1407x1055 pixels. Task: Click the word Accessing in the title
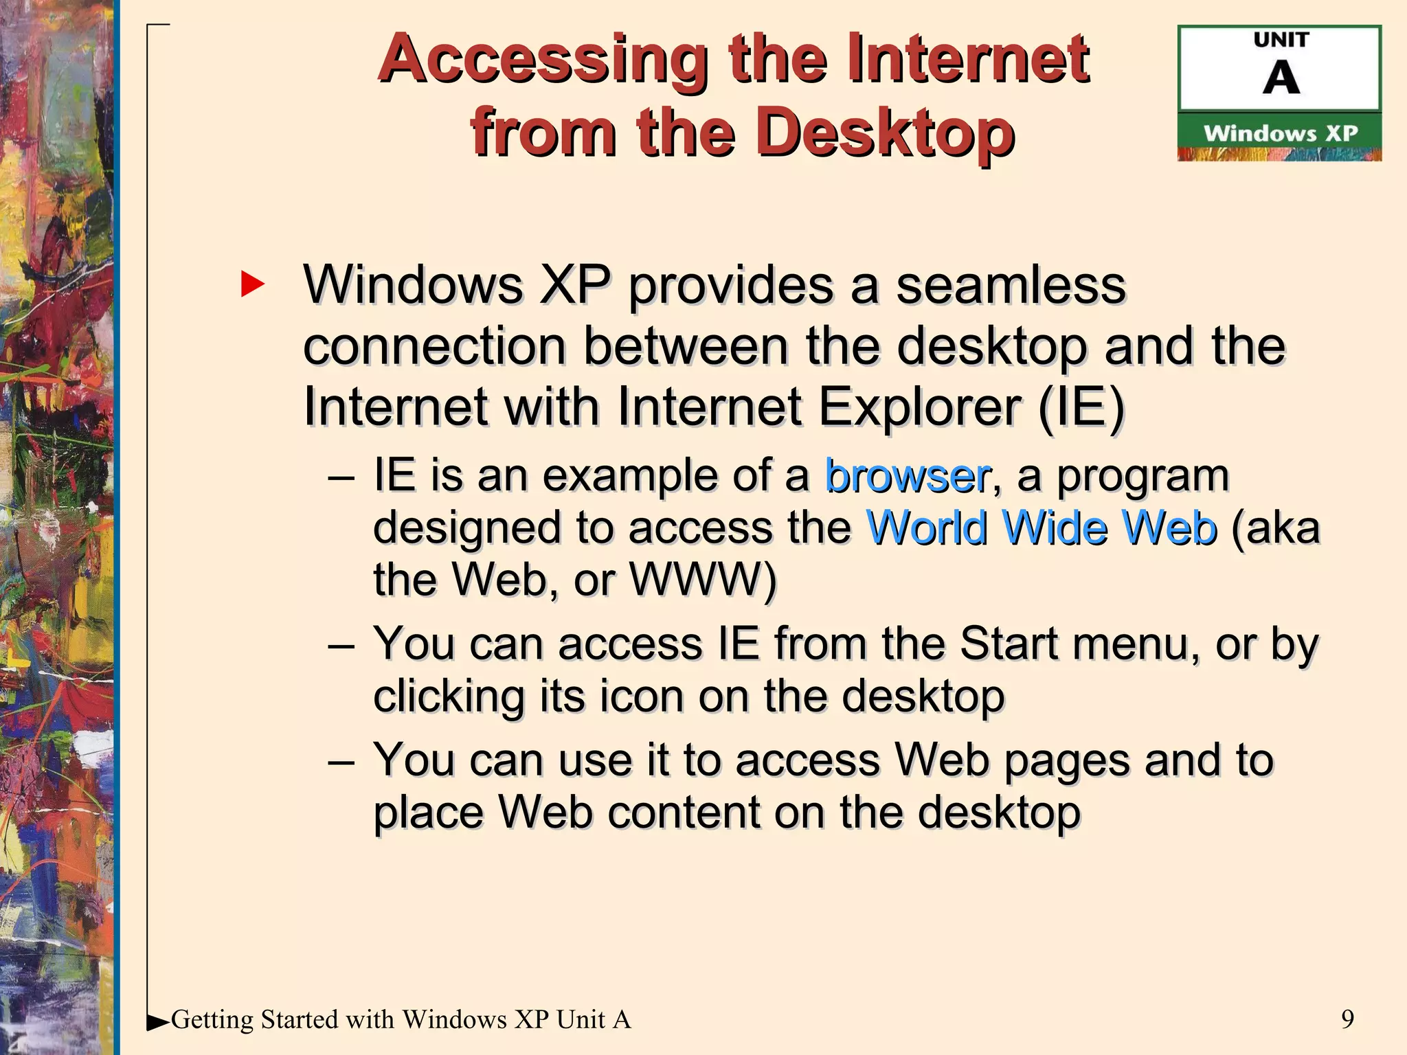(x=543, y=60)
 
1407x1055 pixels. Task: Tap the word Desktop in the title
(x=887, y=133)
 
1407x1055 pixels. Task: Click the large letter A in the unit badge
(x=1281, y=78)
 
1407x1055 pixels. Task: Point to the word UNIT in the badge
(x=1281, y=41)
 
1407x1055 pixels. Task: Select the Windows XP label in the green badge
(x=1280, y=133)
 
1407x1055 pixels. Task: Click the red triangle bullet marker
(x=252, y=284)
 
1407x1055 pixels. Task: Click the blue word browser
(x=908, y=475)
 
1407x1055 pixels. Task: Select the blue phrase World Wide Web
(x=1042, y=527)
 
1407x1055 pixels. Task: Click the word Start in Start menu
(x=1008, y=644)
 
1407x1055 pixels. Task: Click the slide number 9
(x=1347, y=1019)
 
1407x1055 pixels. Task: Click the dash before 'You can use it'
(x=341, y=761)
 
